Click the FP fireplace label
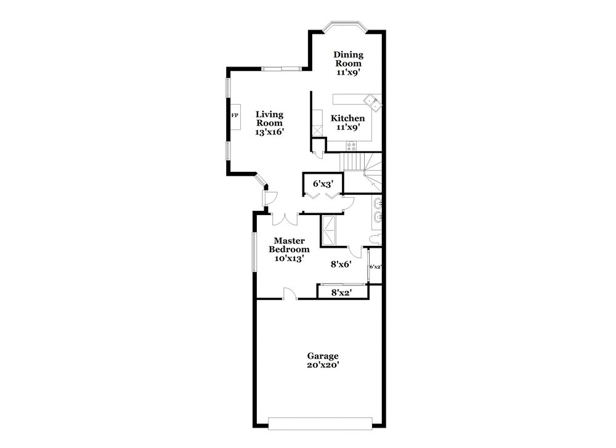pyautogui.click(x=235, y=115)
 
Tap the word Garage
pyautogui.click(x=323, y=356)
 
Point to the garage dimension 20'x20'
pyautogui.click(x=323, y=365)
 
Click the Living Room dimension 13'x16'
pyautogui.click(x=269, y=132)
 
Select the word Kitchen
pyautogui.click(x=347, y=118)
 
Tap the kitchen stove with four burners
pyautogui.click(x=351, y=146)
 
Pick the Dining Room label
pyautogui.click(x=348, y=59)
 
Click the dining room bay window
pyautogui.click(x=344, y=26)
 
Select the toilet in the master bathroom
pyautogui.click(x=375, y=238)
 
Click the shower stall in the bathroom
pyautogui.click(x=329, y=230)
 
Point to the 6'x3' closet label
pyautogui.click(x=323, y=184)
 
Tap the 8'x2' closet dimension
pyautogui.click(x=341, y=292)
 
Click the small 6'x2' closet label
pyautogui.click(x=376, y=266)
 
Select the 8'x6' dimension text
pyautogui.click(x=341, y=264)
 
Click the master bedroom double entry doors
pyautogui.click(x=285, y=219)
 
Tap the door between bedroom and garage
pyautogui.click(x=290, y=293)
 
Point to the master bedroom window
pyautogui.click(x=254, y=252)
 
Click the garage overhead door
pyautogui.click(x=320, y=423)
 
